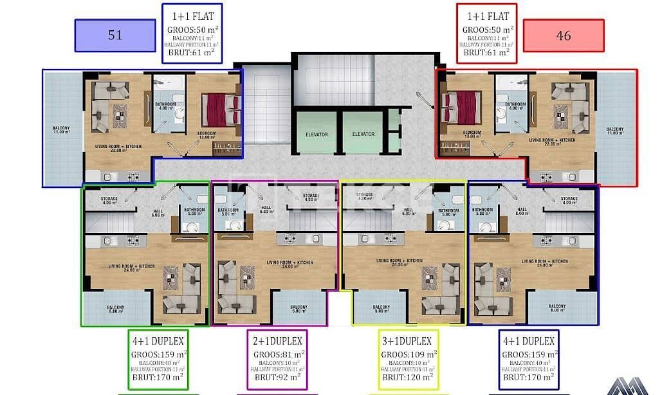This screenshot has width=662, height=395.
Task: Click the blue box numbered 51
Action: click(115, 35)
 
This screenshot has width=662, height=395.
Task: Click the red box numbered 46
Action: click(563, 35)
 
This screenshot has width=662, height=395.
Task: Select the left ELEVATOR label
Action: click(316, 134)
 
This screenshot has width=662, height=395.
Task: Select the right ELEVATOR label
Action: click(363, 134)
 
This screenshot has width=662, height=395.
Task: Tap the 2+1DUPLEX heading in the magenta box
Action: click(277, 340)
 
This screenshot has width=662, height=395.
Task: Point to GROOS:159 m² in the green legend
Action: click(159, 354)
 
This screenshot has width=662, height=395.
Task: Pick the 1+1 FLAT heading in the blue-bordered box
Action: click(192, 17)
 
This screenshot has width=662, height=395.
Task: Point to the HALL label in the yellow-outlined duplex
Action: click(408, 210)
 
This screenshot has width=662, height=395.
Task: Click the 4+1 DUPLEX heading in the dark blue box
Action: click(528, 340)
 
